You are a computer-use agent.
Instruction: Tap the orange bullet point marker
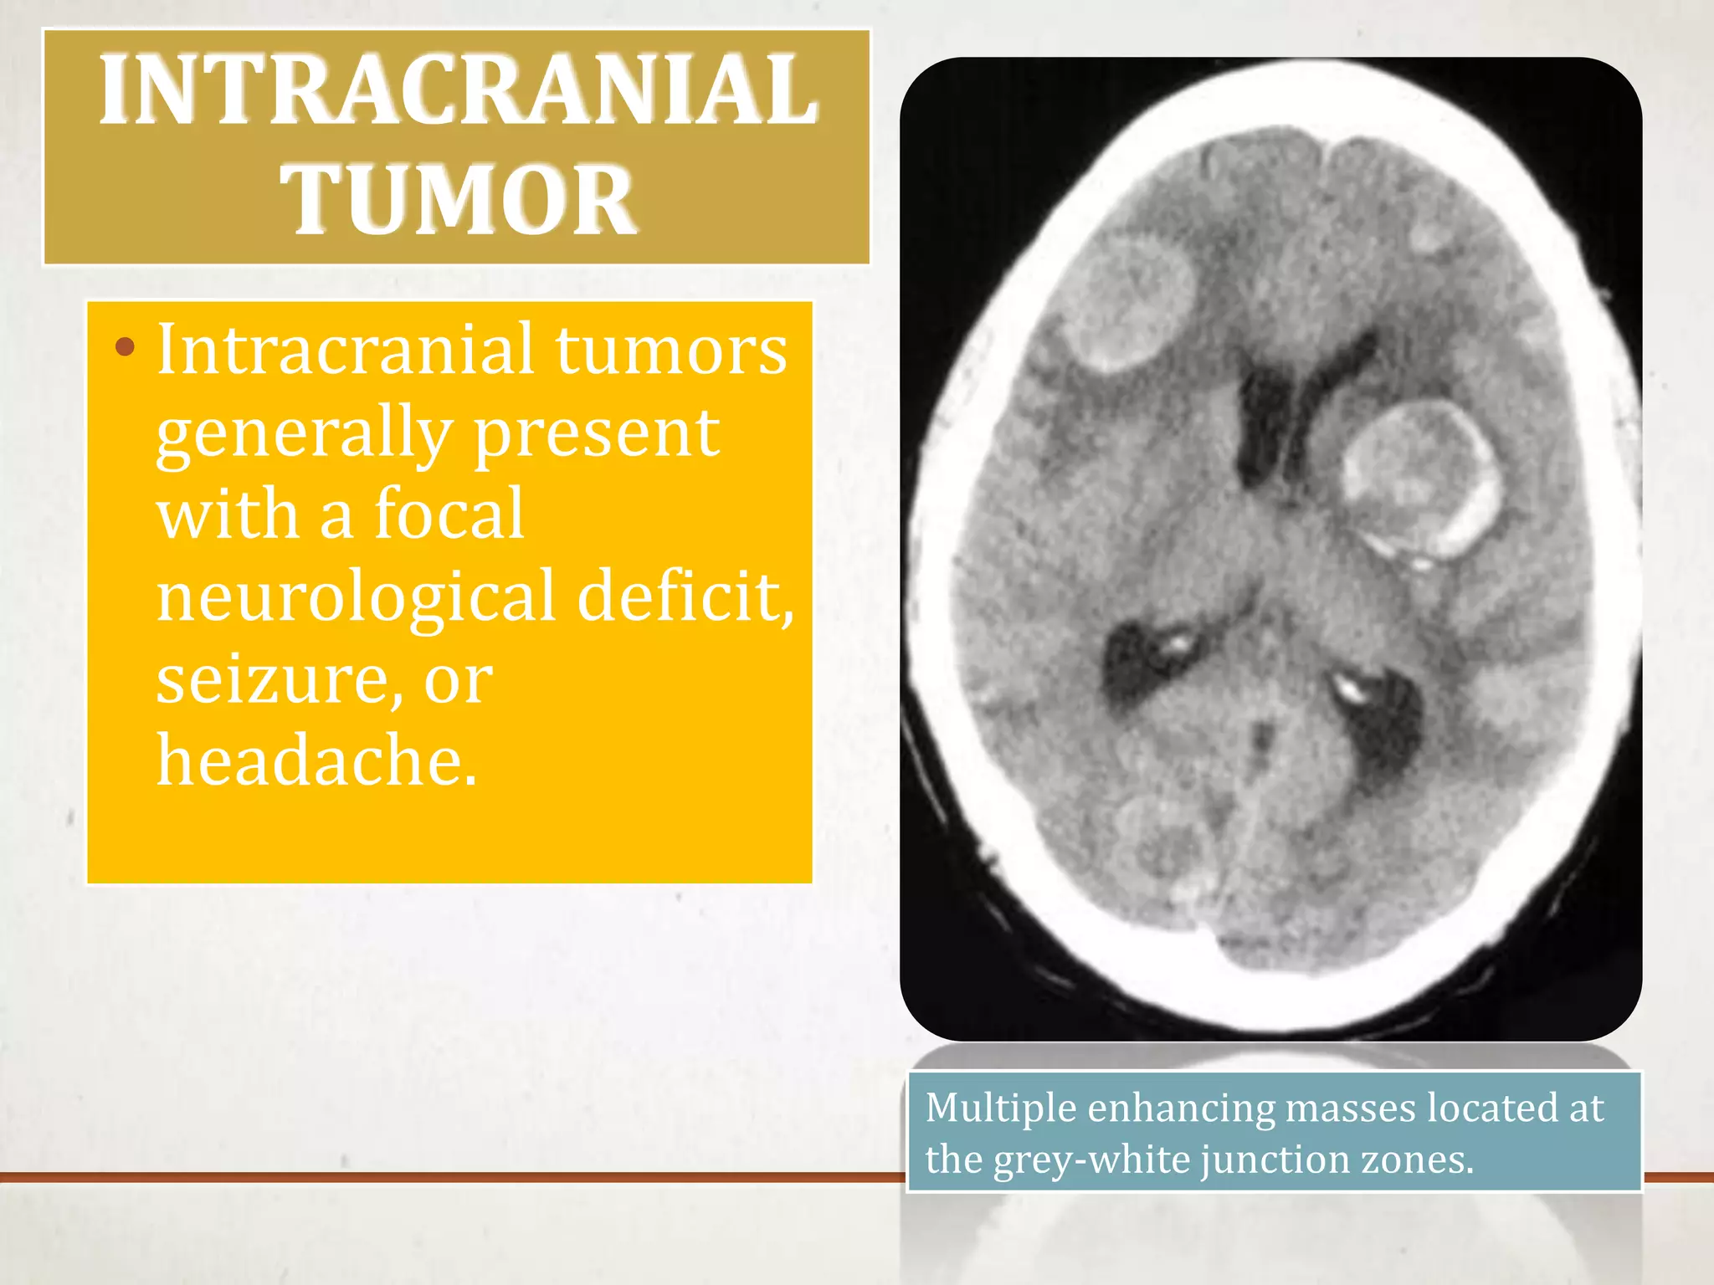click(x=125, y=347)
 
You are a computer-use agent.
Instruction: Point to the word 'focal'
click(x=449, y=514)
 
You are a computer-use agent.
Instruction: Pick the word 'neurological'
click(x=356, y=596)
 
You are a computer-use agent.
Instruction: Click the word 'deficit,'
click(x=685, y=596)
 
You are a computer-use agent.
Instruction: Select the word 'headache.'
click(x=317, y=761)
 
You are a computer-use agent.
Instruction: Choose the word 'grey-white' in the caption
click(x=1091, y=1160)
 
